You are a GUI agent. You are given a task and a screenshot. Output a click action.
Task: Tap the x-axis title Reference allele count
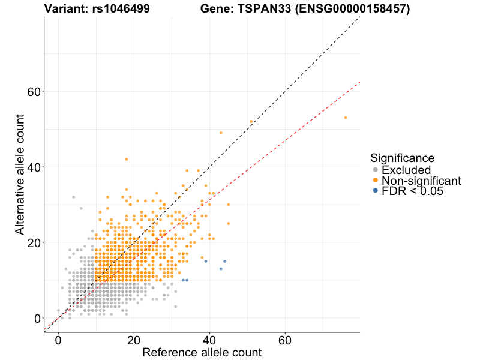202,352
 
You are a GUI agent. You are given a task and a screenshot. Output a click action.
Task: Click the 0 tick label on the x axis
58,340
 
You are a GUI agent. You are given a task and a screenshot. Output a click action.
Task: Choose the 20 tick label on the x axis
134,340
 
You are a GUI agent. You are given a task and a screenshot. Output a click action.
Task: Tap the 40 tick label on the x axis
209,340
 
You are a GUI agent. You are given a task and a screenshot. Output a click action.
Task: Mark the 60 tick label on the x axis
285,340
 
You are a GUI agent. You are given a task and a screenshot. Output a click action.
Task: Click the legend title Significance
402,158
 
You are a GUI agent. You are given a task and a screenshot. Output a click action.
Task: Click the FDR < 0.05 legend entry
412,191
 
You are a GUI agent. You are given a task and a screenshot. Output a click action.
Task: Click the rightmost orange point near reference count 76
346,118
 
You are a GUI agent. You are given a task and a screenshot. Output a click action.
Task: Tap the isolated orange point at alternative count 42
126,159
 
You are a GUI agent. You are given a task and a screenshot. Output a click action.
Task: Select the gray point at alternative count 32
73,197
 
